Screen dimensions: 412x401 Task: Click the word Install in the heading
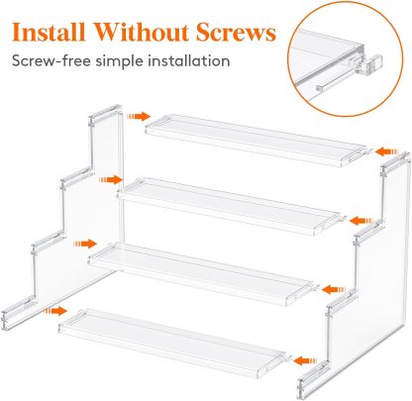click(x=49, y=32)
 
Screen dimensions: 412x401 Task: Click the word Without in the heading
click(x=141, y=32)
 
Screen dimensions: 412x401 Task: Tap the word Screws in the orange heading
click(x=236, y=33)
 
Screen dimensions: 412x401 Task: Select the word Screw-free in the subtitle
click(x=51, y=61)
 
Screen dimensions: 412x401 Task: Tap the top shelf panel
click(x=257, y=140)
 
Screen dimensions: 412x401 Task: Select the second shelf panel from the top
click(x=230, y=205)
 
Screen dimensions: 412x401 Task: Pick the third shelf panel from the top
click(x=201, y=272)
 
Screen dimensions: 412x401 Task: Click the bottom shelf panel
click(x=173, y=342)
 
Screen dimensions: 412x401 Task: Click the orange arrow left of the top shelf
click(x=139, y=116)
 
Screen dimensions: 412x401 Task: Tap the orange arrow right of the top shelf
click(x=387, y=151)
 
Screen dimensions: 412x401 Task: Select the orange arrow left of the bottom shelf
click(x=55, y=311)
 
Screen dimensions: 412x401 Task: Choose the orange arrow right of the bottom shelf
click(x=305, y=360)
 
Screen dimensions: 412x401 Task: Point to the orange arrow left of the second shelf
click(x=111, y=179)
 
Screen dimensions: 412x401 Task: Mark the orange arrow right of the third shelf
click(x=334, y=290)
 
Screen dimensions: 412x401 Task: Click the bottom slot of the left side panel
click(x=19, y=313)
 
